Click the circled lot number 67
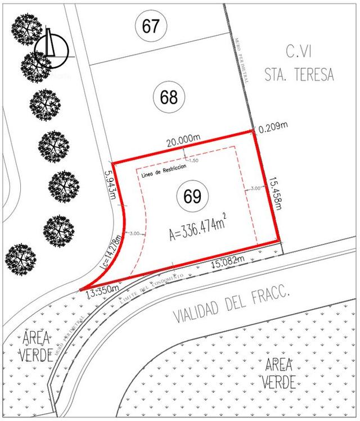(x=151, y=26)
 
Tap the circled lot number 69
(x=192, y=197)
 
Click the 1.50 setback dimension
(x=194, y=161)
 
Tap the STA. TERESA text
(x=299, y=75)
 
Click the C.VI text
(x=299, y=53)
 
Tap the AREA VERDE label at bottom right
(x=279, y=372)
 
